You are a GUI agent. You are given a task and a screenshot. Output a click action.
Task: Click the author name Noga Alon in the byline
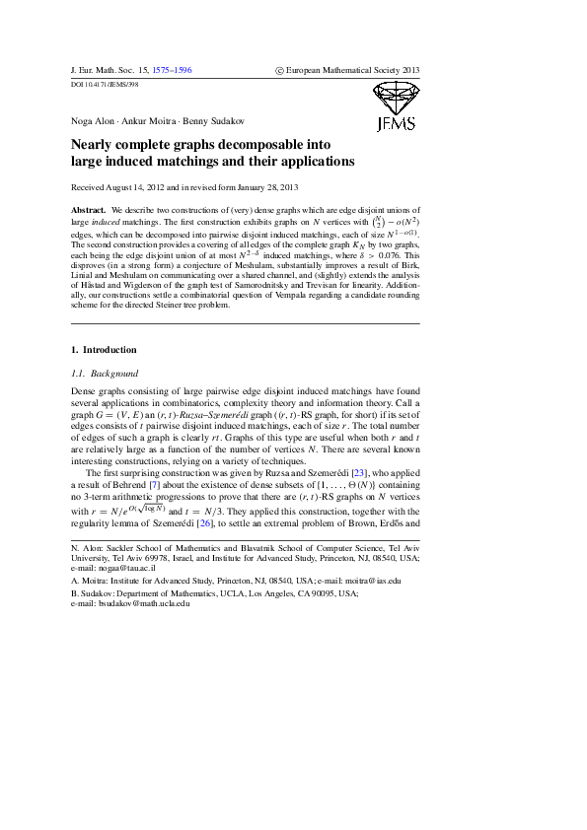tap(94, 121)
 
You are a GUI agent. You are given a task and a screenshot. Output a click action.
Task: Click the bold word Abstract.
tap(89, 211)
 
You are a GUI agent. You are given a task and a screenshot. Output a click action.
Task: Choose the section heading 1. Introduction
tap(104, 350)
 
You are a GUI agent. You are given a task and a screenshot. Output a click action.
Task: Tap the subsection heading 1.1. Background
tap(105, 374)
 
